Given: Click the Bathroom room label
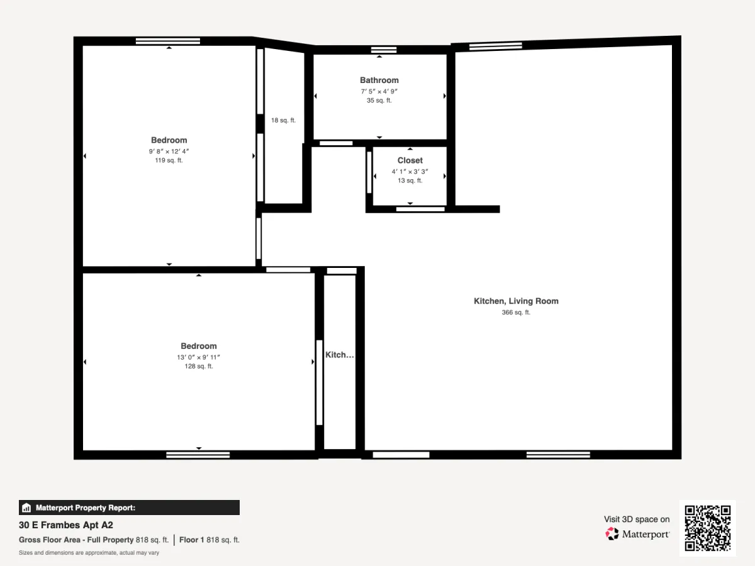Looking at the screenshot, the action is pyautogui.click(x=379, y=80).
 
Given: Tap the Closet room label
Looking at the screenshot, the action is pyautogui.click(x=410, y=160).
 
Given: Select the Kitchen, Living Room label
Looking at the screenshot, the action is pyautogui.click(x=516, y=301).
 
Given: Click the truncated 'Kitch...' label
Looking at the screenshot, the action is pyautogui.click(x=340, y=355).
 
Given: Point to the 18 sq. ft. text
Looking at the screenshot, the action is pyautogui.click(x=283, y=120).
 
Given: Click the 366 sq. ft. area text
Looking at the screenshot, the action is pyautogui.click(x=516, y=313).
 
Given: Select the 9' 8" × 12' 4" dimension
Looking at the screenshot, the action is pyautogui.click(x=169, y=151).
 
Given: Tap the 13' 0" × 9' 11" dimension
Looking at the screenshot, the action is pyautogui.click(x=198, y=357).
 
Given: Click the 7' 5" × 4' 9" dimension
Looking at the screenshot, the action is pyautogui.click(x=379, y=91).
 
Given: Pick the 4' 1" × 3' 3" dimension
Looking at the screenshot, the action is pyautogui.click(x=410, y=172).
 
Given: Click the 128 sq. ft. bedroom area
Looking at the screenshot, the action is pyautogui.click(x=198, y=367).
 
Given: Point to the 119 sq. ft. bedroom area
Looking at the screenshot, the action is pyautogui.click(x=169, y=160).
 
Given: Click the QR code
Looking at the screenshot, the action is pyautogui.click(x=708, y=528).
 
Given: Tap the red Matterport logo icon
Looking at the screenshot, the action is pyautogui.click(x=612, y=534).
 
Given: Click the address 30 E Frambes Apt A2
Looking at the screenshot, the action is pyautogui.click(x=65, y=525).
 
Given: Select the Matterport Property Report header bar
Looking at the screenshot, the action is pyautogui.click(x=130, y=508).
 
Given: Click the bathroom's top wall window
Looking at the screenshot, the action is pyautogui.click(x=384, y=50).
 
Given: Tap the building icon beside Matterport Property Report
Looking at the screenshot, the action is pyautogui.click(x=26, y=508).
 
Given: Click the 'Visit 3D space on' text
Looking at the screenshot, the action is pyautogui.click(x=637, y=519).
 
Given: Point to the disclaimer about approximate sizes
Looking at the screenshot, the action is pyautogui.click(x=89, y=553).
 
